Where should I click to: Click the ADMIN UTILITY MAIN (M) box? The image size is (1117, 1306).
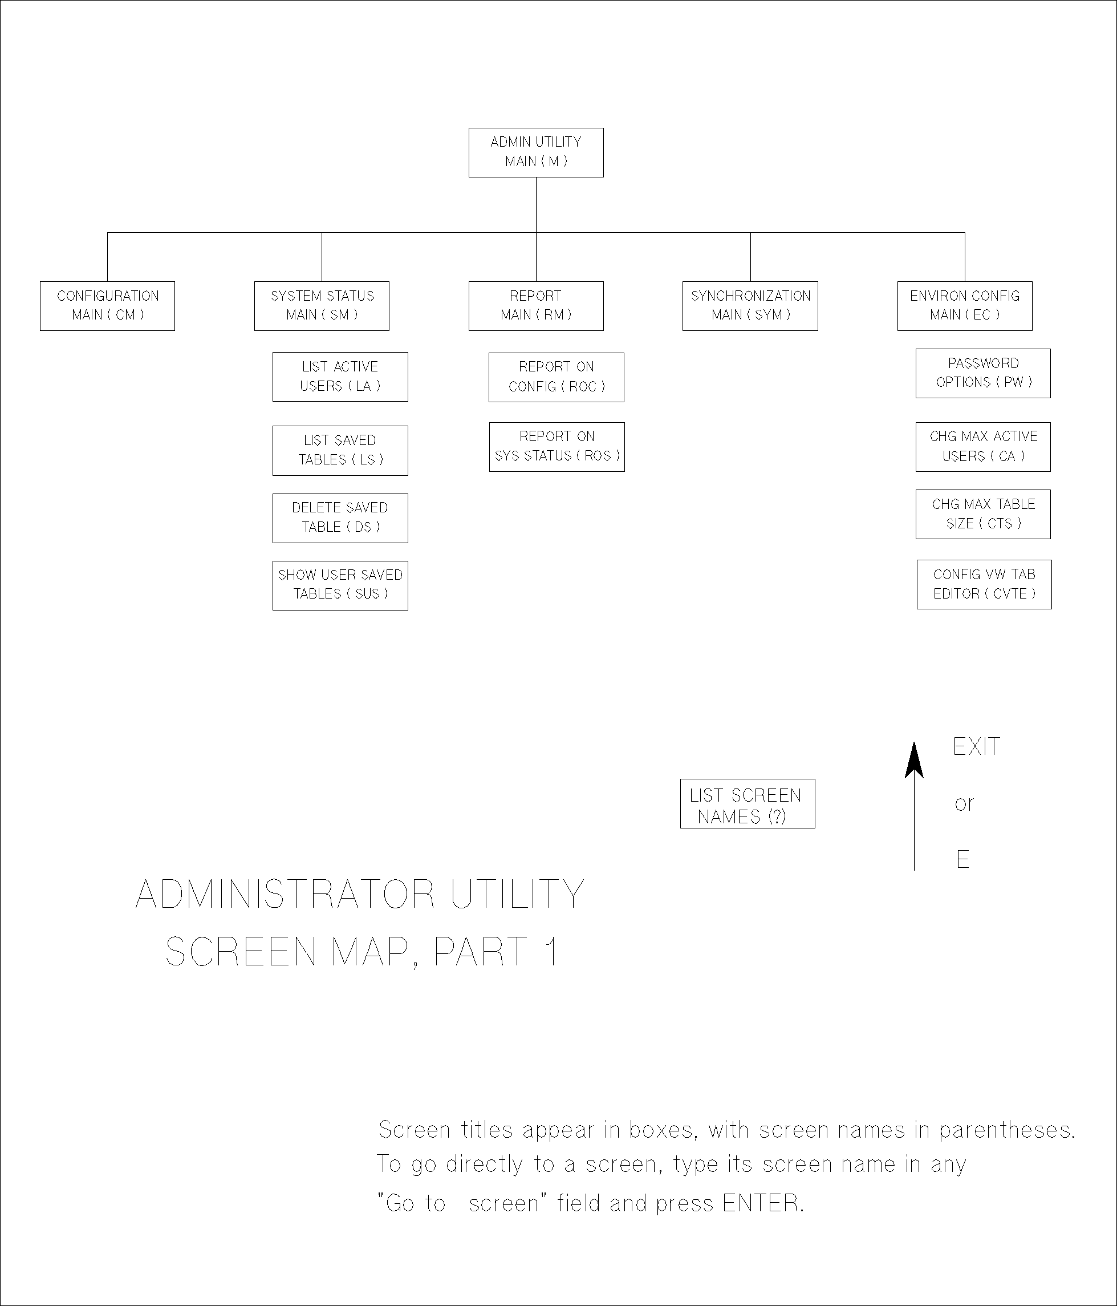pyautogui.click(x=535, y=152)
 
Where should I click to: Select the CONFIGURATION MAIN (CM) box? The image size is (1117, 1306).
pyautogui.click(x=107, y=306)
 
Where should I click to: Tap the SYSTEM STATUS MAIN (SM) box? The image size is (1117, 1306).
pyautogui.click(x=322, y=306)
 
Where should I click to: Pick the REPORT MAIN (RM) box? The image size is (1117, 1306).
pyautogui.click(x=535, y=306)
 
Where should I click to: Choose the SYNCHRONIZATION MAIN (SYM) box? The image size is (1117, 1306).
pyautogui.click(x=750, y=306)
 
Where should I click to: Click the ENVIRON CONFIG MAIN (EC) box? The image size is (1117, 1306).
pyautogui.click(x=965, y=306)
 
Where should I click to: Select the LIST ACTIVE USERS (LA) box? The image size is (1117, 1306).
pyautogui.click(x=340, y=377)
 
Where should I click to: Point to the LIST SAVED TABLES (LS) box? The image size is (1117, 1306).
pyautogui.click(x=340, y=450)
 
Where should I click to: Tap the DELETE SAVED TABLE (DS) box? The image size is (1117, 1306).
pyautogui.click(x=340, y=517)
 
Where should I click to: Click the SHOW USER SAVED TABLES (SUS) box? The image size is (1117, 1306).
pyautogui.click(x=340, y=585)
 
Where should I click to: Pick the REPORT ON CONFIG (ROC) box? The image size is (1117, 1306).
pyautogui.click(x=557, y=377)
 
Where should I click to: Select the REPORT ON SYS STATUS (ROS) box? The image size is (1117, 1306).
pyautogui.click(x=557, y=446)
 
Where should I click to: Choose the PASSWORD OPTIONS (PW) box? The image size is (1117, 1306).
pyautogui.click(x=983, y=373)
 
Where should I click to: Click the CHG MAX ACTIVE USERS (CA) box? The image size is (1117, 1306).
pyautogui.click(x=983, y=446)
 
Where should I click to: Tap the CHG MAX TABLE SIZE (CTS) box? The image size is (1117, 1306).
pyautogui.click(x=983, y=513)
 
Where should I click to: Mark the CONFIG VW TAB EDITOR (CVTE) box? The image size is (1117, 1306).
pyautogui.click(x=984, y=584)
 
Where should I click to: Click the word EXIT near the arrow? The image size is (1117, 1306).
pyautogui.click(x=976, y=747)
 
